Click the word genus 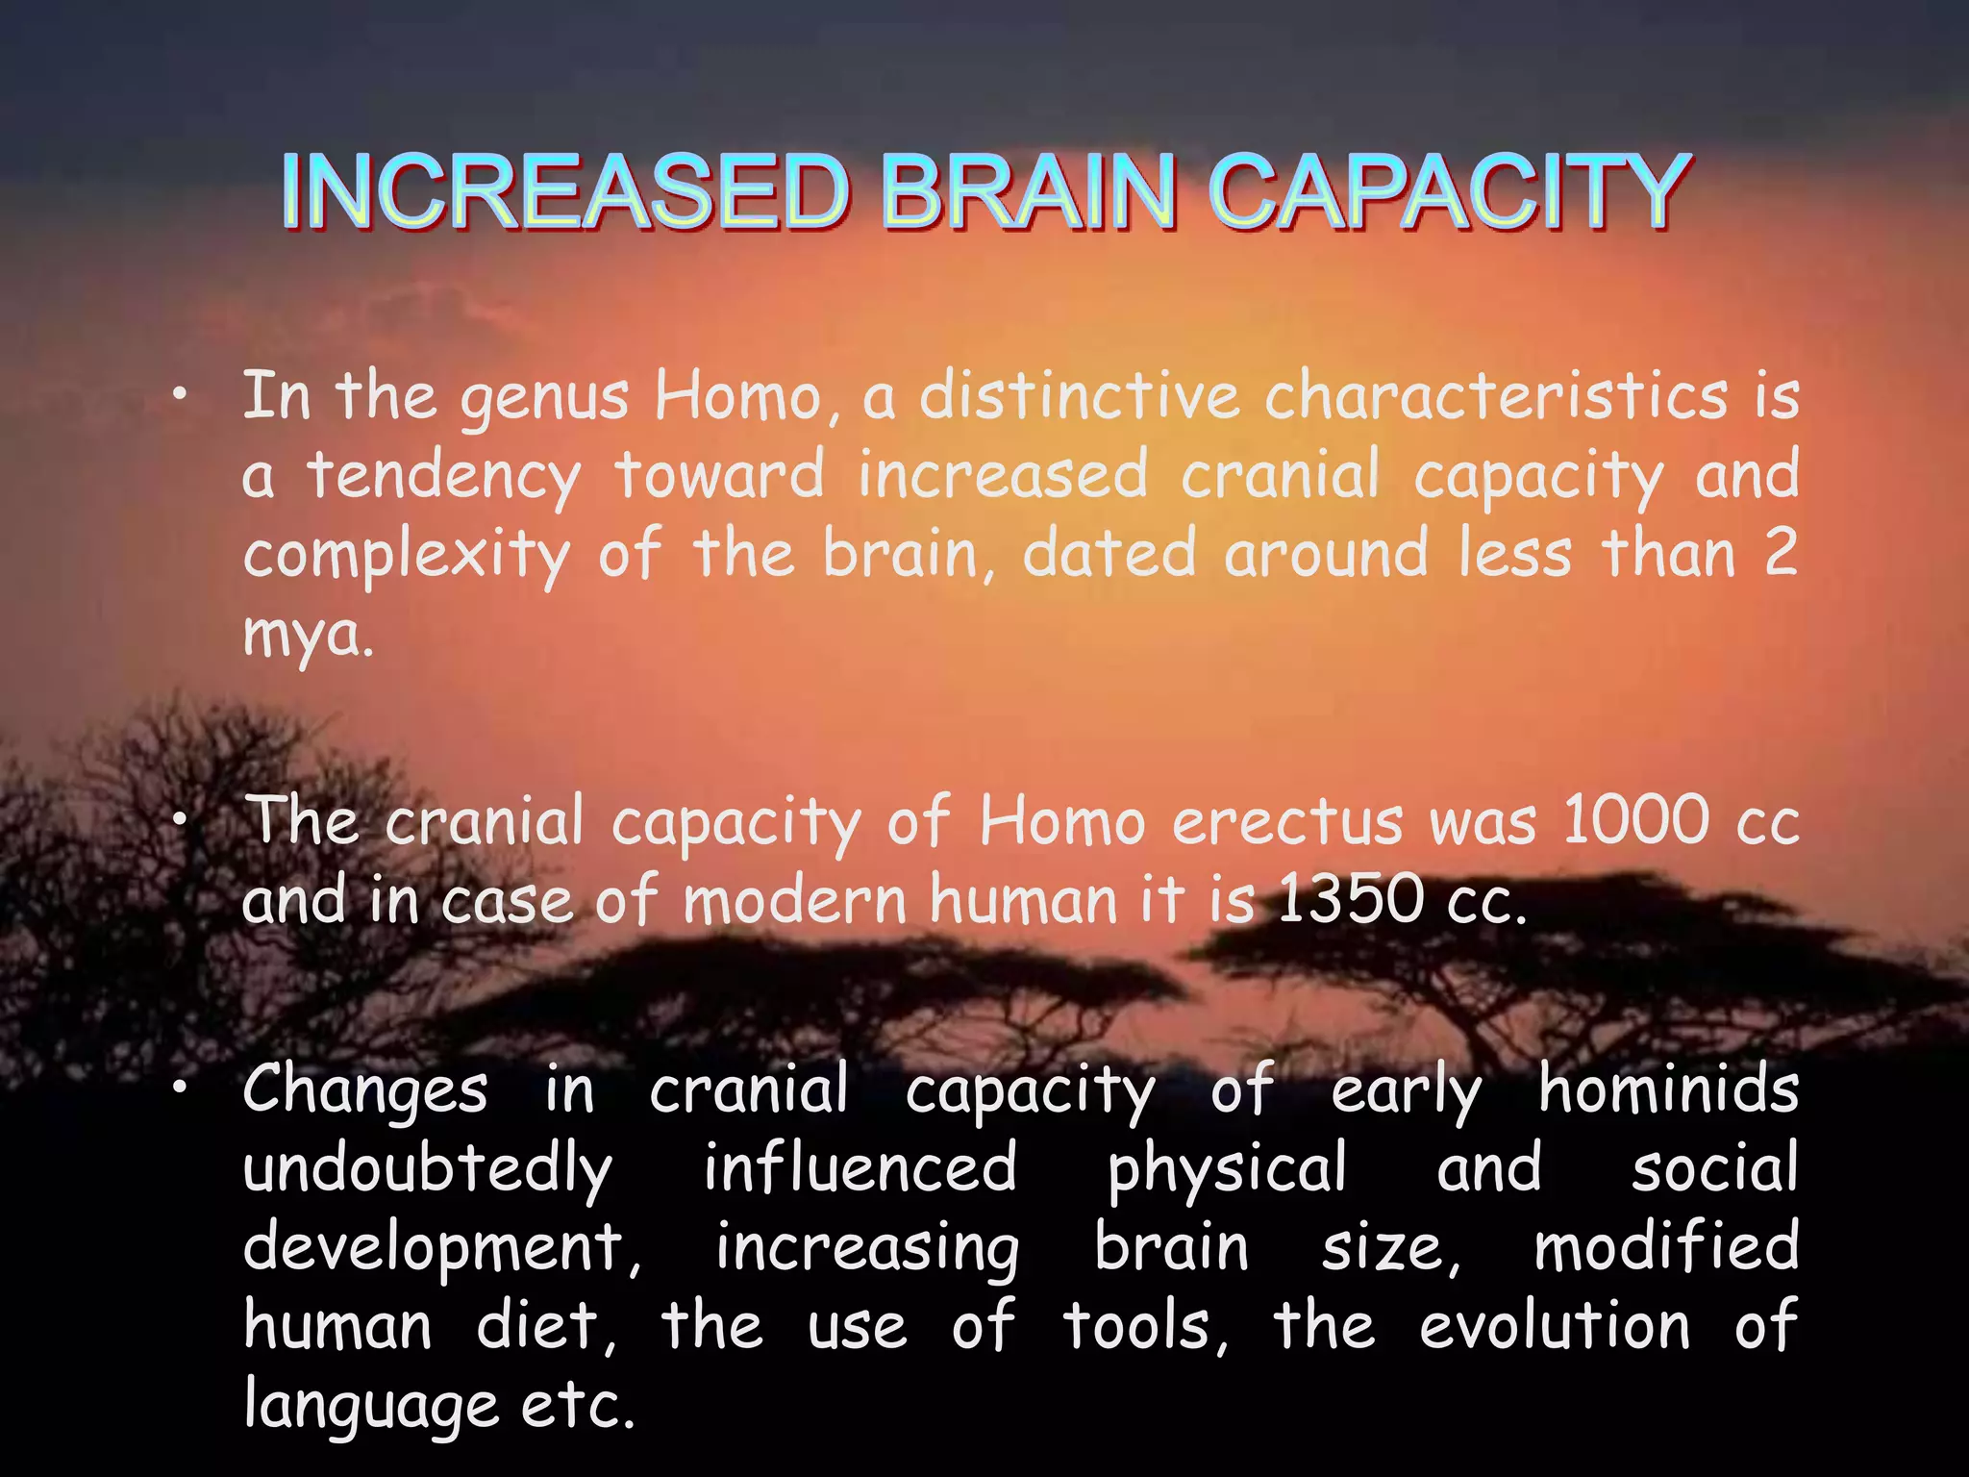click(x=544, y=399)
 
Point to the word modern click(x=795, y=901)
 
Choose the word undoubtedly click(x=427, y=1170)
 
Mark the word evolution click(x=1555, y=1326)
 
